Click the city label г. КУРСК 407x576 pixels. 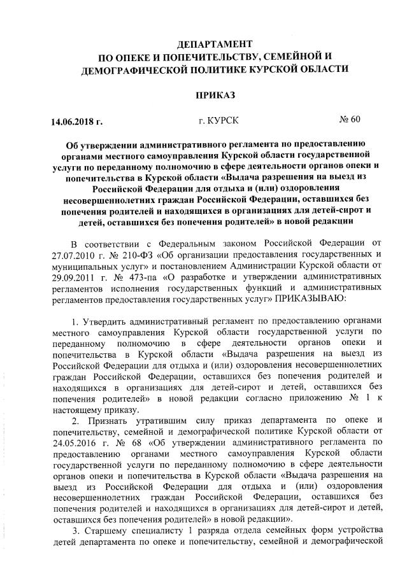pyautogui.click(x=211, y=120)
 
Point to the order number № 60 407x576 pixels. pyautogui.click(x=349, y=119)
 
